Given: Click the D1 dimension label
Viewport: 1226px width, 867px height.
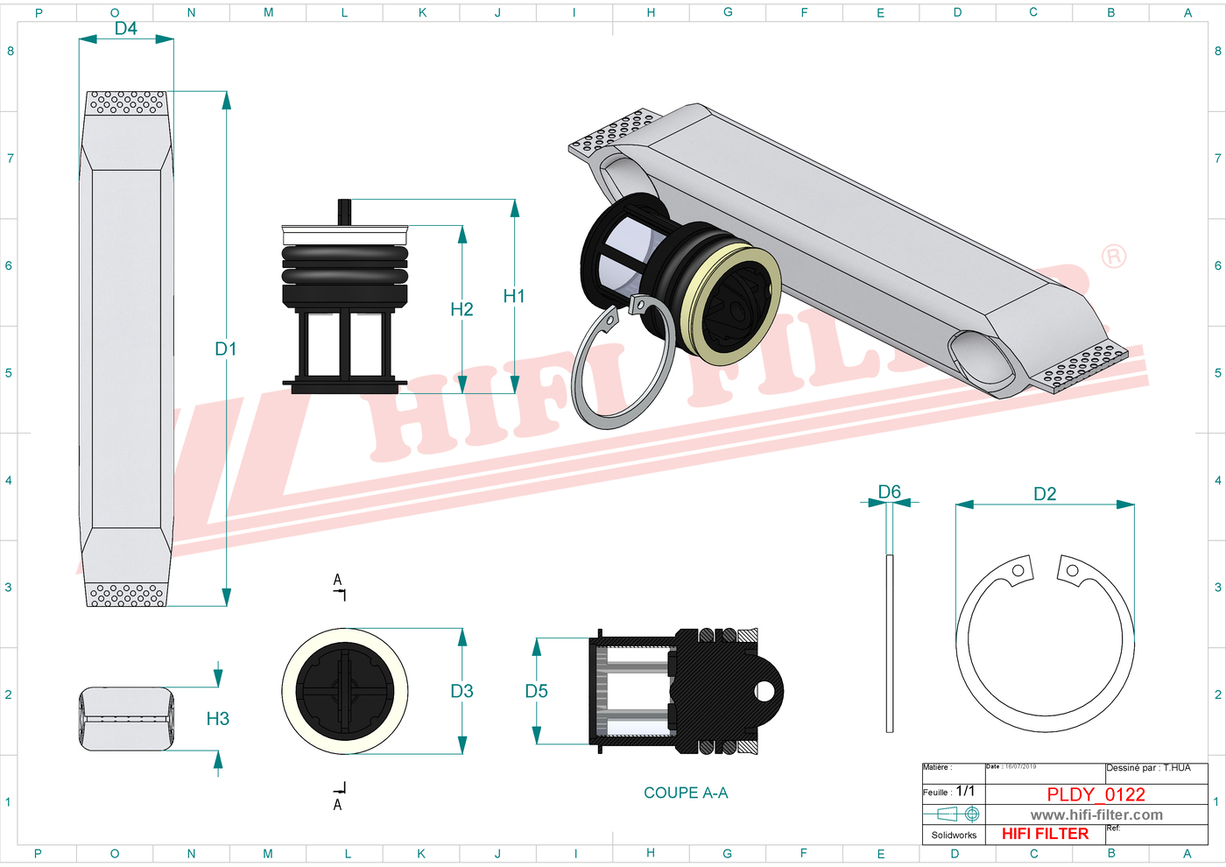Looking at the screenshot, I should (225, 349).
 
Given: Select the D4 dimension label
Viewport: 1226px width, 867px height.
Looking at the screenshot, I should (126, 29).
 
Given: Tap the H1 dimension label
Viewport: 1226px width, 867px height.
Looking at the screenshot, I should (514, 297).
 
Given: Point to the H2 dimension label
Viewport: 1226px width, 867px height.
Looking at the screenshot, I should (462, 309).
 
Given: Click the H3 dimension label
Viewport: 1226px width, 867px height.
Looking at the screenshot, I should (217, 719).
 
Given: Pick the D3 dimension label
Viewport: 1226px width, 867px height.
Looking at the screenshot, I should (462, 691).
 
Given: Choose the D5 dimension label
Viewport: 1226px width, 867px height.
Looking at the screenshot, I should (536, 691).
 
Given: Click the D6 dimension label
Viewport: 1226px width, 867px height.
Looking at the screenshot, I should (889, 492).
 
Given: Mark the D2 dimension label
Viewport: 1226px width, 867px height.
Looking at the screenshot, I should (1045, 494).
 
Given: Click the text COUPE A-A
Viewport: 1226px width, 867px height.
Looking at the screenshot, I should (686, 793).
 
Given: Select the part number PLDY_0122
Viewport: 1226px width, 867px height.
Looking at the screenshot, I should (1096, 794).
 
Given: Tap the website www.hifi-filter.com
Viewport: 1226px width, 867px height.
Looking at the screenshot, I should (1096, 815).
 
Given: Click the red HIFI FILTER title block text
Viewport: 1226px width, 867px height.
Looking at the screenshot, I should (1045, 834).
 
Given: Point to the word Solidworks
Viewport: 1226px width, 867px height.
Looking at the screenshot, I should (954, 835).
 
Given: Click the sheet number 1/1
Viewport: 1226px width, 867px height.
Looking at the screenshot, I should (965, 791).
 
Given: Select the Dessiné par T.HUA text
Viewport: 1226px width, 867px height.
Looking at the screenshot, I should (1148, 768).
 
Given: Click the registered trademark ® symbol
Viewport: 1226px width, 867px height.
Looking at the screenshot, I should (1113, 257).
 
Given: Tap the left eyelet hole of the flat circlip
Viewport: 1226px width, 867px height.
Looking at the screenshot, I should (1018, 571).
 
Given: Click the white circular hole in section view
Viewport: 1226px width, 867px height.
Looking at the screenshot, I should (764, 692).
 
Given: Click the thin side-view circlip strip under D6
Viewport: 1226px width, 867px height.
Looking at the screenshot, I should (890, 643).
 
